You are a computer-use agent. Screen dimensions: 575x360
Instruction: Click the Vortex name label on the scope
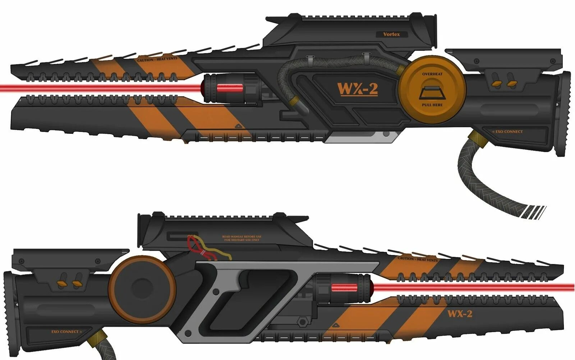coord(391,35)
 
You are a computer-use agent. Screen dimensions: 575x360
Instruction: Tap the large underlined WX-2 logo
coord(358,89)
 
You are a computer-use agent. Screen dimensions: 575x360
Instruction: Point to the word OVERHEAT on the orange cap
coord(432,74)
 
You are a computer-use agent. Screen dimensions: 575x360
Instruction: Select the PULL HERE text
coord(432,105)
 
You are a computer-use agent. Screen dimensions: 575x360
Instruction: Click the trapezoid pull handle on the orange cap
coord(432,93)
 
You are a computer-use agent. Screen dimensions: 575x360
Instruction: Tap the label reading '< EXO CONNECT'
coord(507,132)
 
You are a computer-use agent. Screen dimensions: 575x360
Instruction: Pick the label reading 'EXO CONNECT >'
coord(66,332)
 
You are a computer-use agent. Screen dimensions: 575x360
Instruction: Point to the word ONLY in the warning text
coord(256,240)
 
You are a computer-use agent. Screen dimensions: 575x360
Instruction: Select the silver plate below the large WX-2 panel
coord(363,137)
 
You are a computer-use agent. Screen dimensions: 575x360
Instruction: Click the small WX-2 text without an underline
coord(460,314)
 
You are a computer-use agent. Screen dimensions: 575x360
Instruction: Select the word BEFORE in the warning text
coord(250,237)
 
